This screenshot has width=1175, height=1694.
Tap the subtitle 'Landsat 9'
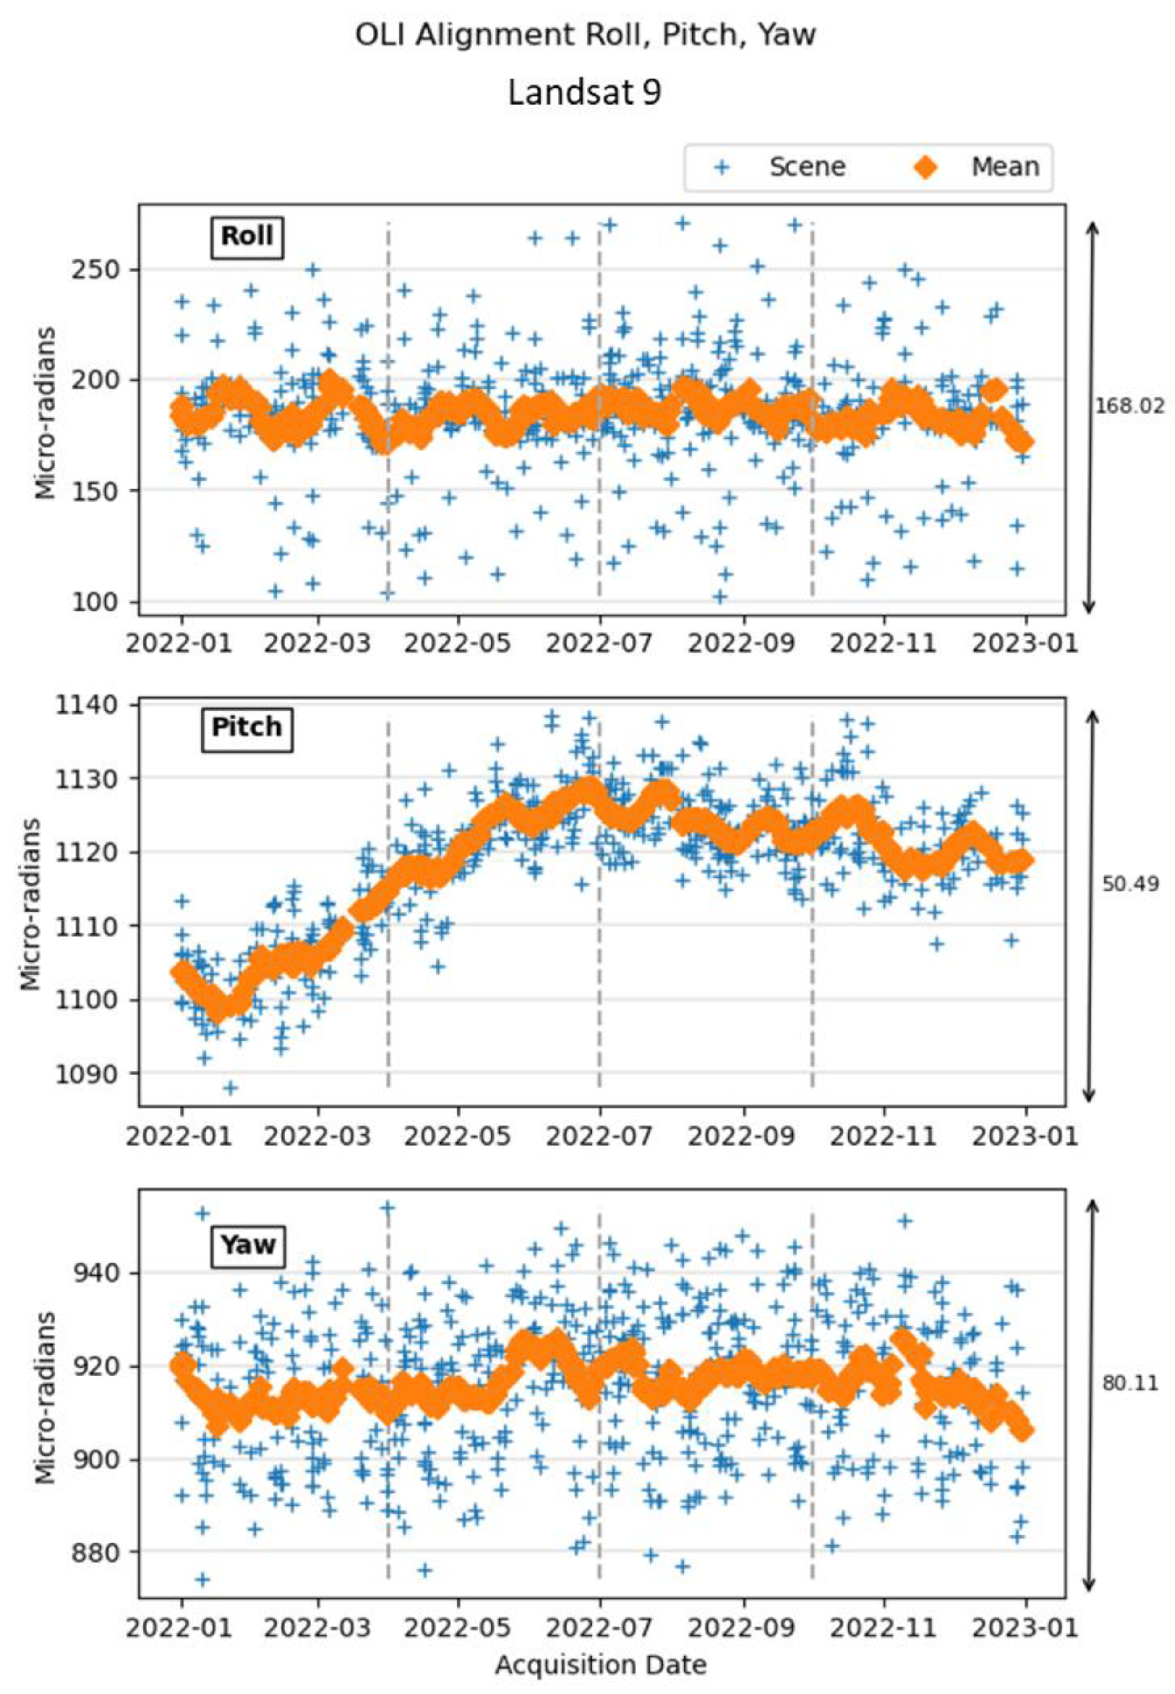(x=585, y=93)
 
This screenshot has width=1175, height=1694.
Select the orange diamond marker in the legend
(x=925, y=167)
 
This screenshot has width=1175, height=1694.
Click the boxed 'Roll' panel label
(x=248, y=236)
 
